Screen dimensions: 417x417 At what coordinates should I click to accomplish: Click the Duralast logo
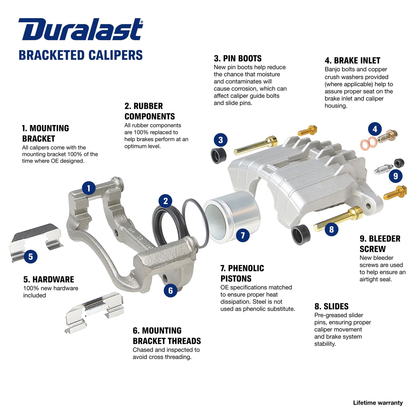tap(81, 29)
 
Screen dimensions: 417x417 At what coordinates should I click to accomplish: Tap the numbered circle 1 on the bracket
tap(89, 188)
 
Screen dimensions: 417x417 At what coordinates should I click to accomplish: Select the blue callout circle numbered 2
tap(165, 201)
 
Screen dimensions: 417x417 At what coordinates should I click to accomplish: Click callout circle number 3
tap(220, 140)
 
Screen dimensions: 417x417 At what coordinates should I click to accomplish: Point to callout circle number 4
tap(375, 129)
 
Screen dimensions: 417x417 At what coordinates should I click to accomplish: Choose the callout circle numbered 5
tap(31, 256)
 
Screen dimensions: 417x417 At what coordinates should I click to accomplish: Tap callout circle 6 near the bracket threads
tap(170, 291)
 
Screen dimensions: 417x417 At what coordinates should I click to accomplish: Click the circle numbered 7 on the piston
tap(243, 235)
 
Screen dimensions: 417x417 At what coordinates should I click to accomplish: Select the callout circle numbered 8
tap(331, 229)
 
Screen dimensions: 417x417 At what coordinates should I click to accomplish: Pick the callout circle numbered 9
tap(395, 176)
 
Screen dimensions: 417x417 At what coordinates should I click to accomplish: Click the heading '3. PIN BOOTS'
tap(238, 59)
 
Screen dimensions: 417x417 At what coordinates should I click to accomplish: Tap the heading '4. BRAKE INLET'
tap(352, 61)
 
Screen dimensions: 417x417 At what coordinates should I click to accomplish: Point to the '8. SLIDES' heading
tap(331, 306)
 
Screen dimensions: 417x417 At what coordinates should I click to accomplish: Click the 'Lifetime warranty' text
tap(378, 403)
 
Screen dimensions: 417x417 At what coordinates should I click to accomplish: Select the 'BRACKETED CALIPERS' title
tap(81, 55)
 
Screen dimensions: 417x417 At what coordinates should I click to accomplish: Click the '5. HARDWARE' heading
tap(49, 279)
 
